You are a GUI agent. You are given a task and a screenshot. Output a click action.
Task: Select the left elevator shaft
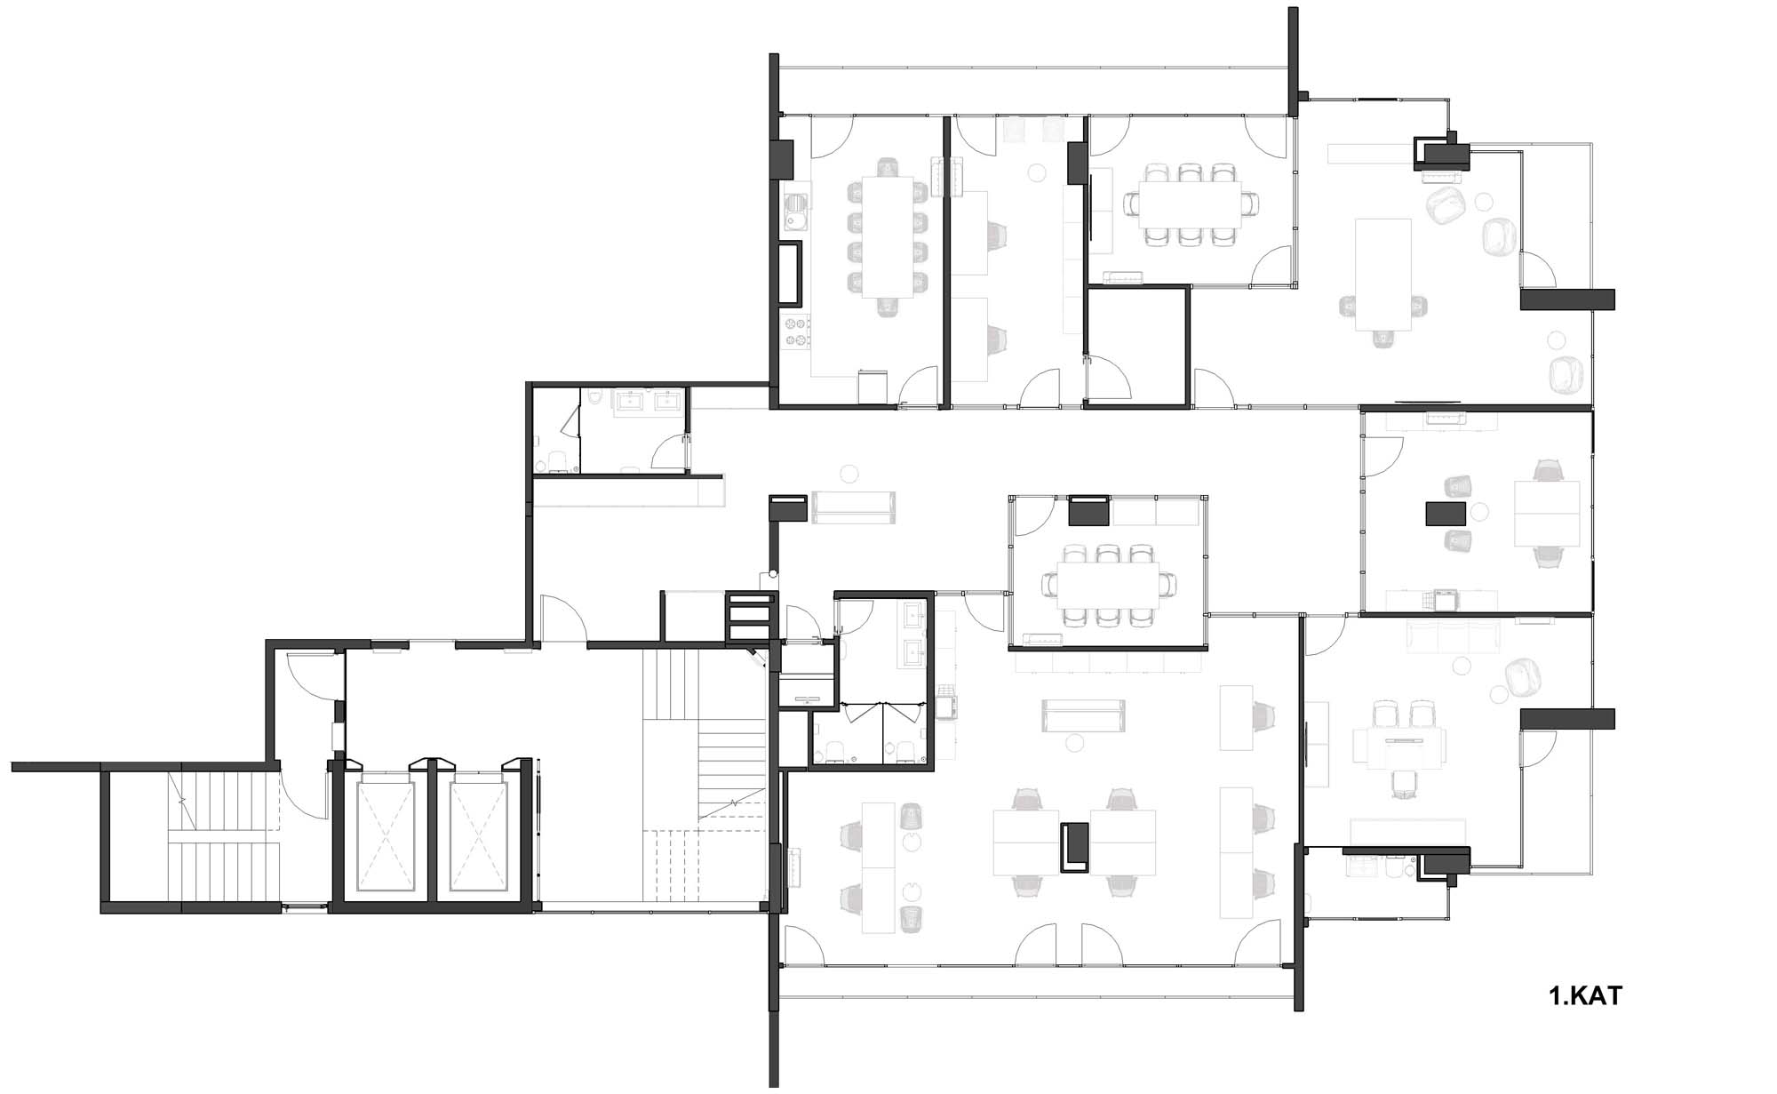[386, 834]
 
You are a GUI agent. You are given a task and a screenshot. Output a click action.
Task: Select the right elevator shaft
[481, 834]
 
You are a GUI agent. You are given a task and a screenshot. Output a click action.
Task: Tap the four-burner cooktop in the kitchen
[796, 331]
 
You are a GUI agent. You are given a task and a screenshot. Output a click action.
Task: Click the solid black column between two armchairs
[1446, 514]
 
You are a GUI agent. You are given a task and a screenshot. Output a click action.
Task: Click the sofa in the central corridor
[853, 507]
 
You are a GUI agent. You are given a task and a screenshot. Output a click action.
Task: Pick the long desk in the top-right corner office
[1383, 274]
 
